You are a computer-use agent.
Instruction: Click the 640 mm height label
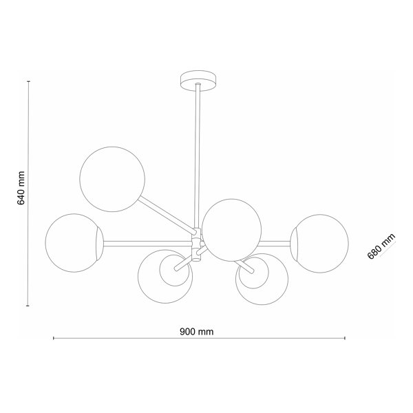tap(21, 188)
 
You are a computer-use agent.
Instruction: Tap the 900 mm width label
tap(196, 332)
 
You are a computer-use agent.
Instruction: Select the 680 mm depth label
tap(381, 246)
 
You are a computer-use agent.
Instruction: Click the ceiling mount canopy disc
tap(198, 81)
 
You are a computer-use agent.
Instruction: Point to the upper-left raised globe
tap(112, 179)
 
